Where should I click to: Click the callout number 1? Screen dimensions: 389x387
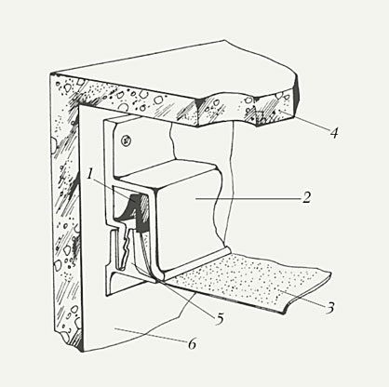(x=90, y=174)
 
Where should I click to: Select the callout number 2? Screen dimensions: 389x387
(x=306, y=197)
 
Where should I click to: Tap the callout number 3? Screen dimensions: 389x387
(x=330, y=308)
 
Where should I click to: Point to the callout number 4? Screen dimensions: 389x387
(x=333, y=133)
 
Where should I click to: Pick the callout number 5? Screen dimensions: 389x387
(x=220, y=319)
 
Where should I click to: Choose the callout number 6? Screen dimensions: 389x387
(x=192, y=344)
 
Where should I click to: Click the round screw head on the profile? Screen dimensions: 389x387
(x=127, y=141)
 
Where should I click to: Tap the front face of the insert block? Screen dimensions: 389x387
(x=186, y=223)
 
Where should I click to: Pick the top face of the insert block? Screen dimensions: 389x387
(x=168, y=174)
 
